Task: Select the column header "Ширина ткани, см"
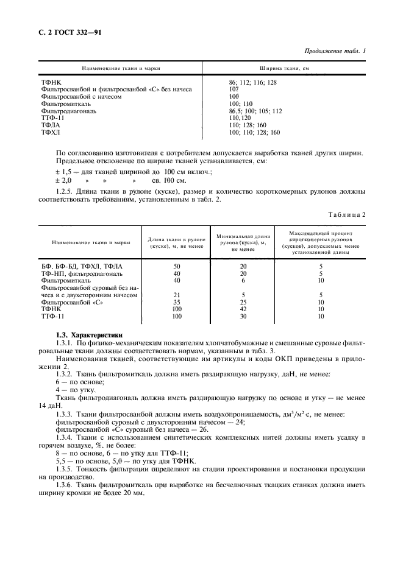point(284,68)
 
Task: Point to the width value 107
point(234,89)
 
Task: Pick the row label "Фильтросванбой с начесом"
point(81,96)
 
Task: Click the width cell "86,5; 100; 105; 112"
point(255,111)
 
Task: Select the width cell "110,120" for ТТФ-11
point(239,119)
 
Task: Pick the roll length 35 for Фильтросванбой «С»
point(177,302)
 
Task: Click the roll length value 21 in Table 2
point(177,295)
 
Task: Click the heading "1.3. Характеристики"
point(88,335)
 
